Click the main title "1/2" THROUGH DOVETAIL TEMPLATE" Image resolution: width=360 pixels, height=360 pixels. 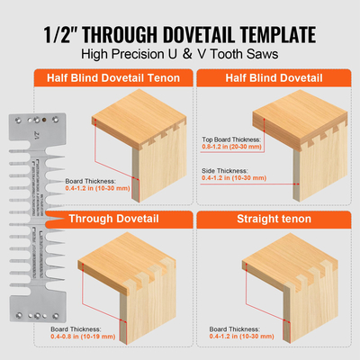[x=180, y=35]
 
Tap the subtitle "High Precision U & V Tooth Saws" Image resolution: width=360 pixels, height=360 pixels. [x=180, y=55]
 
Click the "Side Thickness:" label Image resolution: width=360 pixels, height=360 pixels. [x=221, y=169]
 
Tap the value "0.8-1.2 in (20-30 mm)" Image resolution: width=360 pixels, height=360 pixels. [x=230, y=148]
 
